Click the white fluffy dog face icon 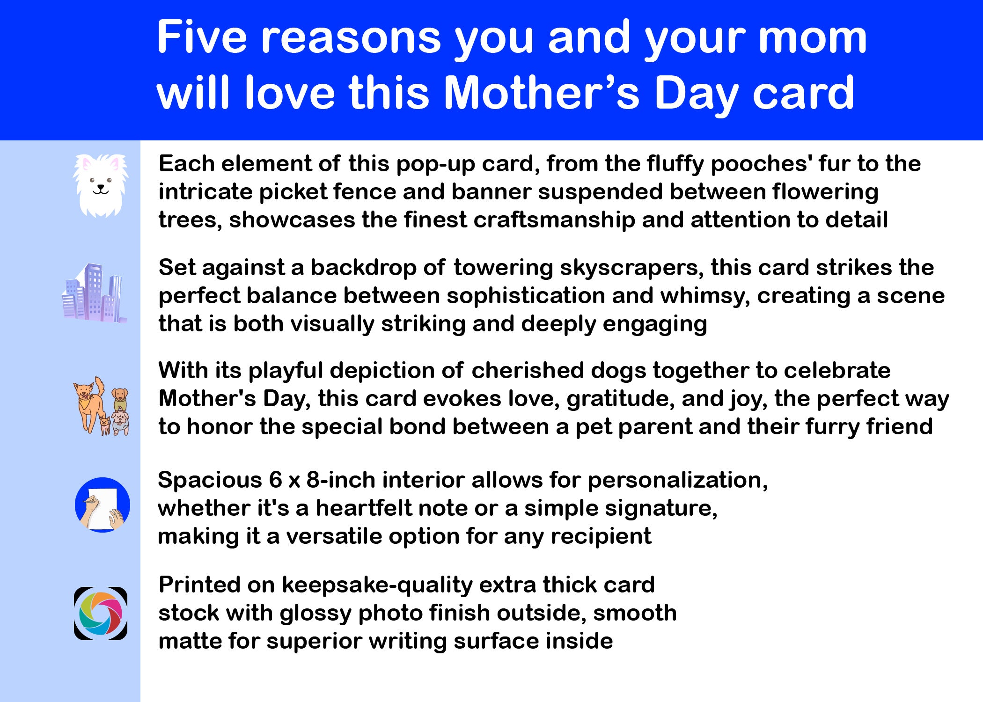(100, 186)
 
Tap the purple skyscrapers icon (95, 293)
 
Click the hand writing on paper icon (103, 505)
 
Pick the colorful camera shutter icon (101, 614)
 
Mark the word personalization (678, 481)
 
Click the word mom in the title (813, 38)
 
